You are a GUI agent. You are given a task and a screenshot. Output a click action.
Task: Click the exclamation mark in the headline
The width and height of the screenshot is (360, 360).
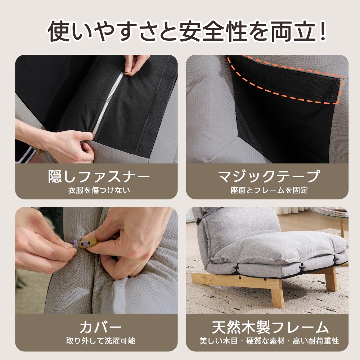coord(322,31)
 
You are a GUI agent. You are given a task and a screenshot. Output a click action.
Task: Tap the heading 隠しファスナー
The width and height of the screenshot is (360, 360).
coord(99,176)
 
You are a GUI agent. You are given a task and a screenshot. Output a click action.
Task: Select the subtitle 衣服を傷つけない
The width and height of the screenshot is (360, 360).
coord(99,190)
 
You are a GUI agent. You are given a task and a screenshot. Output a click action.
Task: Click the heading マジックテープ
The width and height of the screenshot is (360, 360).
coord(268,176)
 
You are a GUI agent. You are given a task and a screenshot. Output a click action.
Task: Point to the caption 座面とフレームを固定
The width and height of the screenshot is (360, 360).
coord(269,190)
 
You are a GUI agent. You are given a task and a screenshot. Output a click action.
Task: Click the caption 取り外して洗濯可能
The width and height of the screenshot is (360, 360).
coord(100,341)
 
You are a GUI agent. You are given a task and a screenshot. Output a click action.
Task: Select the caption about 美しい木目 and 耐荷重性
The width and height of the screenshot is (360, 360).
coord(269,341)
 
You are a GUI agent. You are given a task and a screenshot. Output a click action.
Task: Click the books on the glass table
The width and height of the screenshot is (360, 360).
coord(330,210)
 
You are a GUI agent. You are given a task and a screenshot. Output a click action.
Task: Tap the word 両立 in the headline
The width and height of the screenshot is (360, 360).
coord(293,31)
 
